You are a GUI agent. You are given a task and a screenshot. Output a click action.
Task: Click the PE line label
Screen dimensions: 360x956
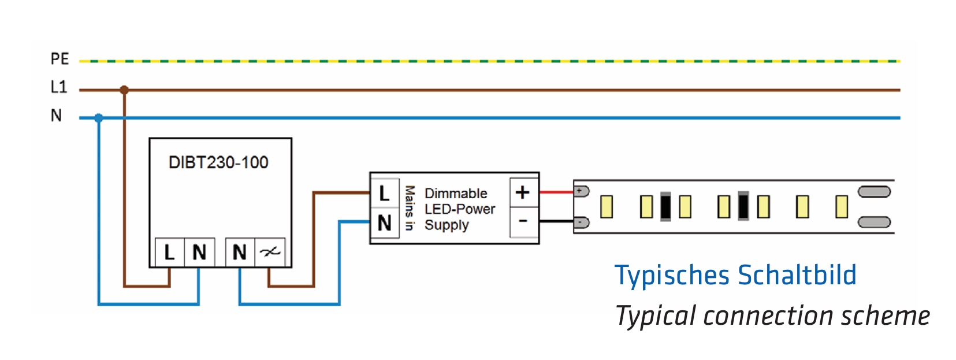point(59,59)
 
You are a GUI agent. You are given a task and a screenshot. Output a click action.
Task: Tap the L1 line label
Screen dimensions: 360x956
point(59,87)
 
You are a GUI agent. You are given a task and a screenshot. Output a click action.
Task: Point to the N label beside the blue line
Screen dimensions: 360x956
point(56,116)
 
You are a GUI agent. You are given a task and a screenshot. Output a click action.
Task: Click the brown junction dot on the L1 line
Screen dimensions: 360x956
point(124,90)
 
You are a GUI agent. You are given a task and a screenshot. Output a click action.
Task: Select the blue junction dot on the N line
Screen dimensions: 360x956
point(99,118)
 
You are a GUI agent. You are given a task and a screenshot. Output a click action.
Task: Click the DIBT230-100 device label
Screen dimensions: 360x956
point(218,162)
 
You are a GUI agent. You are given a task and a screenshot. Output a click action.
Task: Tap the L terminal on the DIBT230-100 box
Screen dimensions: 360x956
point(169,253)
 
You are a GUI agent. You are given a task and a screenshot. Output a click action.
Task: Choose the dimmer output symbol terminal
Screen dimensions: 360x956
point(270,253)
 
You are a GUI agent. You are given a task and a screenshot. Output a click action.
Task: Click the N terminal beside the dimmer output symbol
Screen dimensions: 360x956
point(239,253)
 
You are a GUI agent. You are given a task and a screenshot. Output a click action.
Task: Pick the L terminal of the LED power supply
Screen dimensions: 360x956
point(384,194)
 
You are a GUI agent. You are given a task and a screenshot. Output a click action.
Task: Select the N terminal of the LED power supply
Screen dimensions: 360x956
point(384,223)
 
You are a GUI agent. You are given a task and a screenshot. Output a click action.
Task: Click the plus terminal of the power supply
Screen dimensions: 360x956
point(523,192)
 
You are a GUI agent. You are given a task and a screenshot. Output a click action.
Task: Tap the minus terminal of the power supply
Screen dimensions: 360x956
point(523,221)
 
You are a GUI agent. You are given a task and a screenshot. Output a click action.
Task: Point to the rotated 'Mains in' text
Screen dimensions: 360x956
point(410,208)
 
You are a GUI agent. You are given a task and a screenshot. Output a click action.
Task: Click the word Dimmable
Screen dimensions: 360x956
point(456,194)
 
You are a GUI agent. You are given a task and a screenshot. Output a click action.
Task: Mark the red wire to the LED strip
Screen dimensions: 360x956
point(556,192)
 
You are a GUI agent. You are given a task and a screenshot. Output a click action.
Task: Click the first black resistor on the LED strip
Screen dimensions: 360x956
point(665,206)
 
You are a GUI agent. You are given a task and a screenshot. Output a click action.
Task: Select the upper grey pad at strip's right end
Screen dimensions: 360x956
point(874,192)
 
